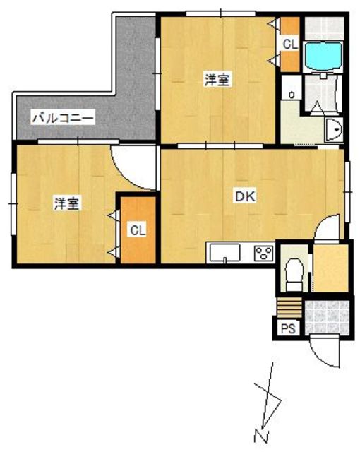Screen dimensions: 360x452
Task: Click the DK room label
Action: point(246,196)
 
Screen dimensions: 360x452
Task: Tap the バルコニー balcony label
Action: point(63,118)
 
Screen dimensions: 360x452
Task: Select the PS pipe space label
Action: point(288,328)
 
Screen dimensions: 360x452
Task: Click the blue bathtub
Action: point(323,56)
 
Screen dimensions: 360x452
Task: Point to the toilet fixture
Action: point(294,275)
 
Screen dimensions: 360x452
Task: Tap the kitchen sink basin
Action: point(225,253)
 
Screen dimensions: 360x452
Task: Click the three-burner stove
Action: point(263,253)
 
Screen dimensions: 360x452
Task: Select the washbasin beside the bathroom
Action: point(334,130)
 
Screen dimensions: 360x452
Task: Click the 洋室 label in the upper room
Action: point(217,80)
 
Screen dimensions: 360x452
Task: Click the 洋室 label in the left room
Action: point(66,203)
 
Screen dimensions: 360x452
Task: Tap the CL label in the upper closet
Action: point(289,44)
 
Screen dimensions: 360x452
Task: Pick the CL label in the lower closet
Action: point(138,231)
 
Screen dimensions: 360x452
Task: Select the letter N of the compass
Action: point(261,435)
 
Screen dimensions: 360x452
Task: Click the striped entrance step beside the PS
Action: point(289,308)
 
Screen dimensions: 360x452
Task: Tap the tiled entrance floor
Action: point(327,318)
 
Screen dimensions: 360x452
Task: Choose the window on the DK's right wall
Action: point(347,192)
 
